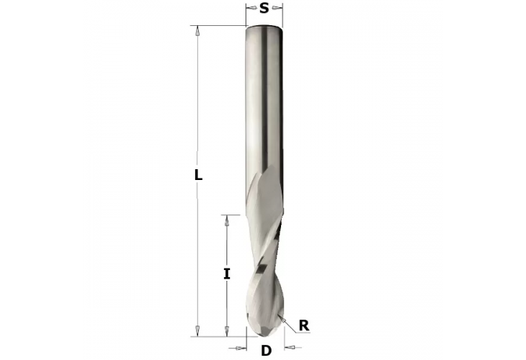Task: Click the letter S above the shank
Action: click(x=264, y=9)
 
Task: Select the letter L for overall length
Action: click(x=199, y=175)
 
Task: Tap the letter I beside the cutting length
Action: click(x=227, y=274)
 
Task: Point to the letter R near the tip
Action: click(x=303, y=325)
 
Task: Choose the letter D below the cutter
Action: click(x=266, y=351)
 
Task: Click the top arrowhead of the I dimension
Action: click(x=227, y=221)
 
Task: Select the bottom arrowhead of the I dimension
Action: click(x=227, y=329)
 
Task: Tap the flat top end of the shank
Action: click(x=264, y=27)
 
